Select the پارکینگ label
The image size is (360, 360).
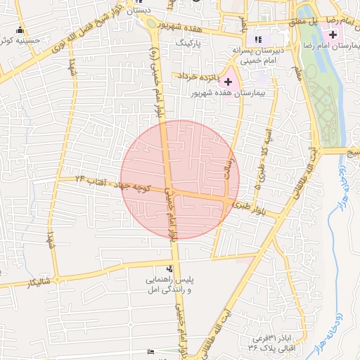click(x=188, y=43)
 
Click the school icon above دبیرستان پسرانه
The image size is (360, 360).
click(x=258, y=39)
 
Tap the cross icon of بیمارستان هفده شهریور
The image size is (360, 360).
click(x=228, y=82)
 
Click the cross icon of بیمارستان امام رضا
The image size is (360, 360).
click(x=333, y=35)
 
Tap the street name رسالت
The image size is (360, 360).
click(x=228, y=167)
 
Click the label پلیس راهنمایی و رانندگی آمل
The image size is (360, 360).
click(x=168, y=285)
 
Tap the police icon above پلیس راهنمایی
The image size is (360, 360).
click(x=169, y=269)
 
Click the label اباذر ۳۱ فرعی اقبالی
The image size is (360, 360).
click(x=273, y=342)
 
